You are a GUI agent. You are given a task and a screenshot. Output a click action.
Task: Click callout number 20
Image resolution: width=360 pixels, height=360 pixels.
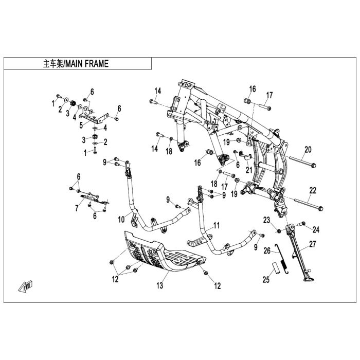tap(308, 150)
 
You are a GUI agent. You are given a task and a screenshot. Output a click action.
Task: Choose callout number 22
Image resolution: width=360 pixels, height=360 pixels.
tap(313, 190)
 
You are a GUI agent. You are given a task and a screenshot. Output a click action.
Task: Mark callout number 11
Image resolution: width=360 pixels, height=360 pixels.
tap(217, 225)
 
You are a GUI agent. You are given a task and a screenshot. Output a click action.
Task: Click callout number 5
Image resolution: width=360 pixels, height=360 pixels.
tap(81, 124)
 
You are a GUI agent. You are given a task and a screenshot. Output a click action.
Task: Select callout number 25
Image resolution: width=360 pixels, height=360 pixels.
tap(266, 280)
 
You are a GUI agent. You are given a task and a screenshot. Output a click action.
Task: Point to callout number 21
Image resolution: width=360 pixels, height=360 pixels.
tap(249, 169)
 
